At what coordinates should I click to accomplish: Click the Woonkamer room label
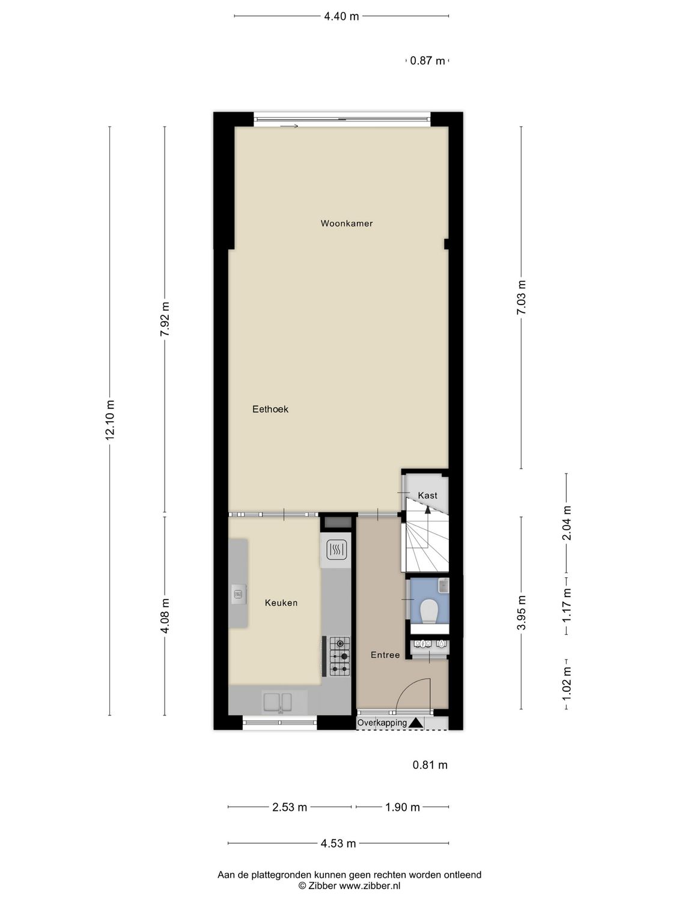(x=347, y=223)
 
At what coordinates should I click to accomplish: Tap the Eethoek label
(x=270, y=409)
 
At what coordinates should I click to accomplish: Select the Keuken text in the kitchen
(x=281, y=602)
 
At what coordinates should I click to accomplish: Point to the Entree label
(x=385, y=655)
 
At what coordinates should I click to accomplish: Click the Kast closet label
(x=428, y=495)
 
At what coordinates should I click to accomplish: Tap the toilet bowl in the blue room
(x=429, y=611)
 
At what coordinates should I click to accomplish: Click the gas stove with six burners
(x=340, y=656)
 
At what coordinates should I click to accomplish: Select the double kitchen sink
(x=277, y=702)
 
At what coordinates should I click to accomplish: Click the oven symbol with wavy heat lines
(x=335, y=549)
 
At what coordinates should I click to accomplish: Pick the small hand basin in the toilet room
(x=443, y=584)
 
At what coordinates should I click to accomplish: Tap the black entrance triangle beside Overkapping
(x=416, y=723)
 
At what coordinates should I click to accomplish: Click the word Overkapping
(x=382, y=723)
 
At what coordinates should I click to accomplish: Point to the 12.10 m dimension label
(x=110, y=420)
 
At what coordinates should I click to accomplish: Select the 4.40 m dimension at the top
(x=341, y=16)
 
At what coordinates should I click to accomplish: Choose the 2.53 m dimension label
(x=290, y=807)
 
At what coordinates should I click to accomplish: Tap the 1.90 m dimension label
(x=403, y=807)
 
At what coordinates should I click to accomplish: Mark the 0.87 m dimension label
(x=428, y=61)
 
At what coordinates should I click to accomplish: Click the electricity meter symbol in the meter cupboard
(x=422, y=644)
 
